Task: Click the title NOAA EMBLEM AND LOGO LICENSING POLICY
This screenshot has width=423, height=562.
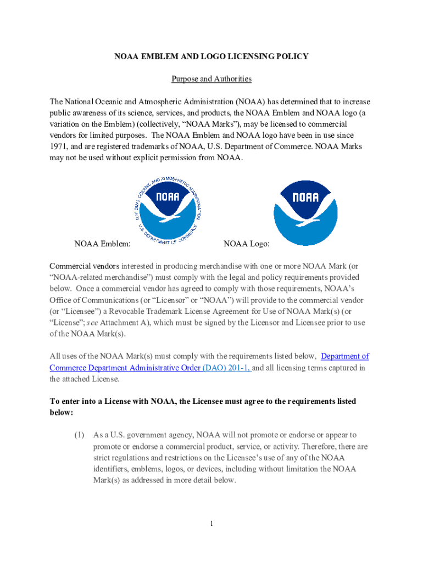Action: tap(211, 57)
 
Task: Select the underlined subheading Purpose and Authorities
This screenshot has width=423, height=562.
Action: tap(211, 79)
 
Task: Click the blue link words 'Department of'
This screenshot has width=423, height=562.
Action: tap(344, 356)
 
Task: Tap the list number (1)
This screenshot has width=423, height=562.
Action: tap(79, 435)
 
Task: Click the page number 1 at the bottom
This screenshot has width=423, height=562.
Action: tap(211, 524)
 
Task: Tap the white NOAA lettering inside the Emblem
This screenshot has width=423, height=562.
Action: tap(168, 196)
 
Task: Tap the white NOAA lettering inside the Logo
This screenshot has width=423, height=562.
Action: tap(305, 197)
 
